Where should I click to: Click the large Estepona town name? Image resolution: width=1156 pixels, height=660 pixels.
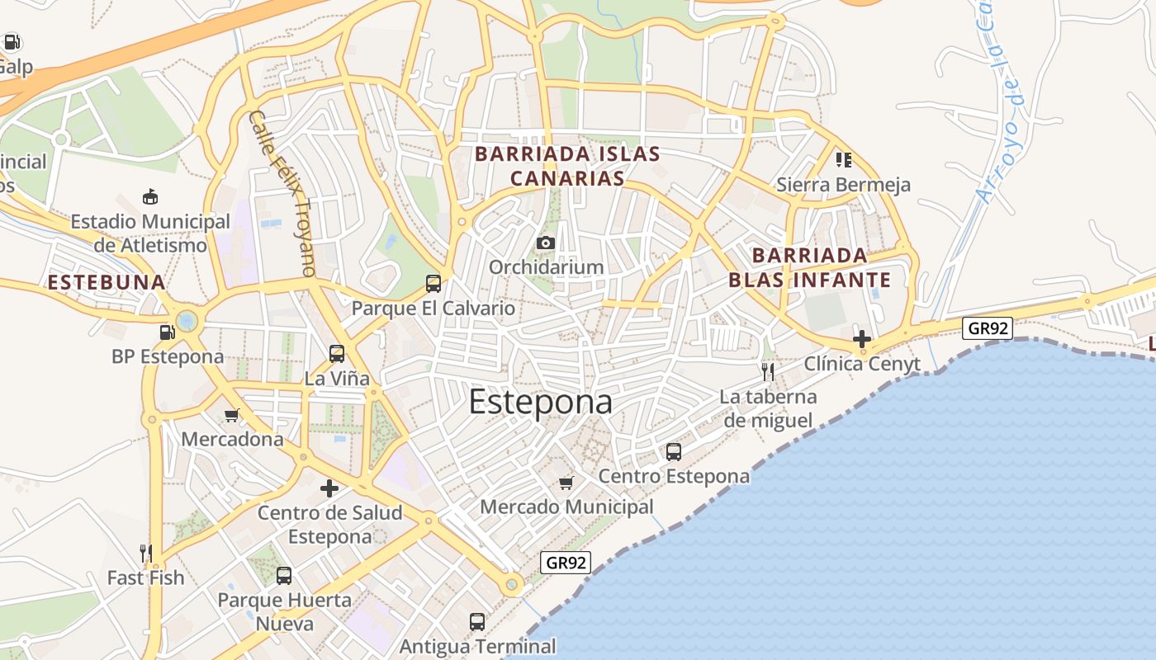tap(541, 403)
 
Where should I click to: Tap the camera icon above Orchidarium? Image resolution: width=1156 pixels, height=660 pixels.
tap(545, 243)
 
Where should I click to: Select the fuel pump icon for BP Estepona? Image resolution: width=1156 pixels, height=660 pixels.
tap(168, 332)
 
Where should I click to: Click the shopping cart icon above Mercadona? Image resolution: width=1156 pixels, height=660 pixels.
tap(232, 415)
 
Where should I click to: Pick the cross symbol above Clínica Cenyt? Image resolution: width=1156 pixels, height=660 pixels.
tap(862, 338)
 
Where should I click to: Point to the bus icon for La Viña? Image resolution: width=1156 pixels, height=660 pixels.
tap(336, 354)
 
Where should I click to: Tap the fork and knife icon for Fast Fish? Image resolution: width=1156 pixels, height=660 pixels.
tap(146, 553)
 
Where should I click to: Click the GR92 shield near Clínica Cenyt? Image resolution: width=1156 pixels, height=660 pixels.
tap(988, 328)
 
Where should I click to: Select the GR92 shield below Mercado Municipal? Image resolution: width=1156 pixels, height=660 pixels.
tap(566, 563)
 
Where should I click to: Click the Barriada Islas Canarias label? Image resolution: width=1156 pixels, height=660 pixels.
tap(567, 166)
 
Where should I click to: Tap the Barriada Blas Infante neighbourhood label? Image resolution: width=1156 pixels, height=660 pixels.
tap(809, 266)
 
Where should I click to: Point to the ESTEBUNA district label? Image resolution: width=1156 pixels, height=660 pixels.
tap(107, 282)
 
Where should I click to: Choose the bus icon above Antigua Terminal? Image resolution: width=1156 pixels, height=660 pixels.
tap(477, 621)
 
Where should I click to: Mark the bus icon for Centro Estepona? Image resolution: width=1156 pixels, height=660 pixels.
tap(674, 451)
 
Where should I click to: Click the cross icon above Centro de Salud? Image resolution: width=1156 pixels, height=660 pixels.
tap(329, 488)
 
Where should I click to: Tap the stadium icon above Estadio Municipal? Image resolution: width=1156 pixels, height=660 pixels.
tap(149, 196)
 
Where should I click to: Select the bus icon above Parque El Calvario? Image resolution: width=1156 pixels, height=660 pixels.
tap(433, 284)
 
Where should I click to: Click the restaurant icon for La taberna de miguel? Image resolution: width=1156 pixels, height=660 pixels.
tap(768, 371)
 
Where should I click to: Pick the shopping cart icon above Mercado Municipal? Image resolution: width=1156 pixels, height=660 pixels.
tap(566, 482)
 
